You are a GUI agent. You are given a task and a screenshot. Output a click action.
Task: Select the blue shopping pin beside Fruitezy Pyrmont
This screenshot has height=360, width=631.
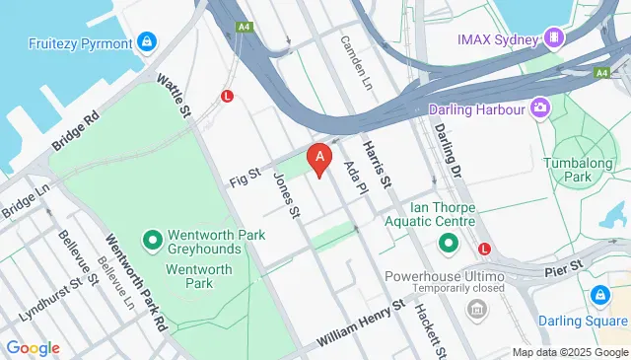click(146, 41)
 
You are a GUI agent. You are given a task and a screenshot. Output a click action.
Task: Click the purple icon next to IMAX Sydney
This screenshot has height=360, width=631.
click(556, 38)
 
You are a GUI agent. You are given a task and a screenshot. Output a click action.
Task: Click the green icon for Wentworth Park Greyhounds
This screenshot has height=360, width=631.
click(153, 240)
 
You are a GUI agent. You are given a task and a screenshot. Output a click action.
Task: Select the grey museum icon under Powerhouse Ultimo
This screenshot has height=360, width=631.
click(477, 312)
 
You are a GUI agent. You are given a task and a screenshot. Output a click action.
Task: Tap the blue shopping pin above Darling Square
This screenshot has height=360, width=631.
click(599, 295)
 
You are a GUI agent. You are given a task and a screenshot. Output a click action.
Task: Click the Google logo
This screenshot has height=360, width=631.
click(33, 347)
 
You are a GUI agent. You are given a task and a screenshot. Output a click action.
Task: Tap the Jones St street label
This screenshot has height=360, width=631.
click(285, 194)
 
